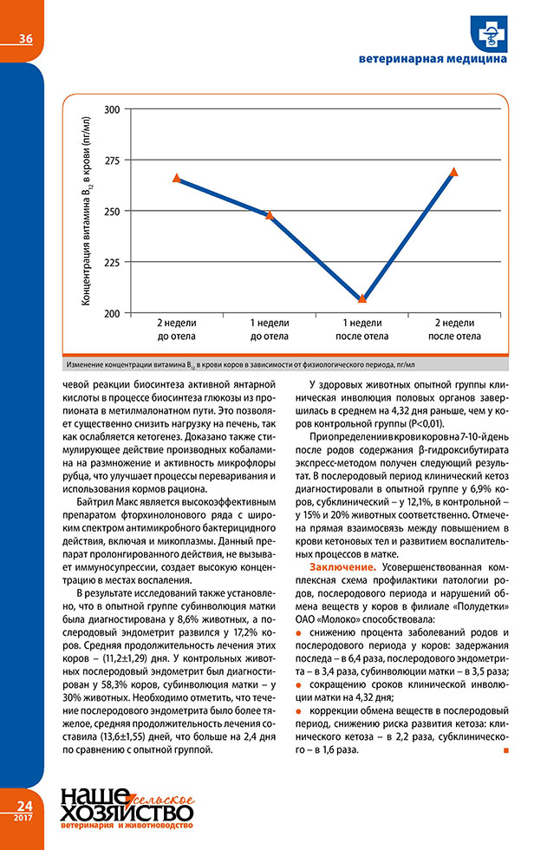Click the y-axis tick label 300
point(112,109)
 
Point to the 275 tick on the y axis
point(112,160)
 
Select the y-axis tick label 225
point(112,262)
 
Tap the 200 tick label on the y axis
point(112,313)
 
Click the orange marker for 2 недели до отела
point(177,178)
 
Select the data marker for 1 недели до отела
point(270,214)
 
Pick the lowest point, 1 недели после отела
point(362,298)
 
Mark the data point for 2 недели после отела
point(454,172)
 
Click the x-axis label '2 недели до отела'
point(177,329)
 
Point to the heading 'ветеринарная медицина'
point(433,60)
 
